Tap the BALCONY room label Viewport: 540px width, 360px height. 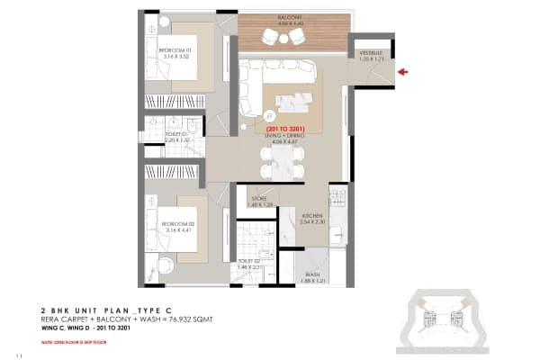289,17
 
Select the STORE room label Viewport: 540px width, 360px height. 259,202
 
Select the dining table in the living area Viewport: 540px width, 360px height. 278,162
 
